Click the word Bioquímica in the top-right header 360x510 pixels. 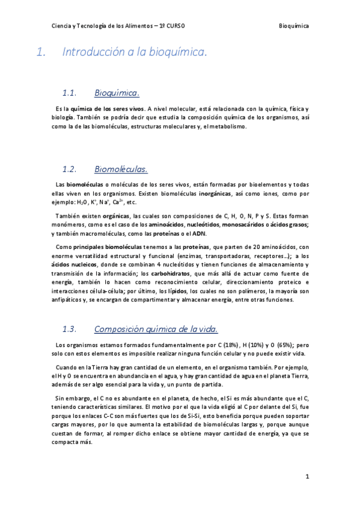pyautogui.click(x=294, y=26)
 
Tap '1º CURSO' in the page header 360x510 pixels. pyautogui.click(x=172, y=26)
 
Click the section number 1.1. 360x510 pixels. pyautogui.click(x=71, y=93)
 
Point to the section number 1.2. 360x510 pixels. pyautogui.click(x=71, y=169)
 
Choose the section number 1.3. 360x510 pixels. pyautogui.click(x=71, y=329)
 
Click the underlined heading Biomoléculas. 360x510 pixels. pyautogui.click(x=121, y=169)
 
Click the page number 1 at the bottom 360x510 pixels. pyautogui.click(x=307, y=477)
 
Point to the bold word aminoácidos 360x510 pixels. pyautogui.click(x=167, y=224)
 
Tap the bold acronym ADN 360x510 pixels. pyautogui.click(x=199, y=233)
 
